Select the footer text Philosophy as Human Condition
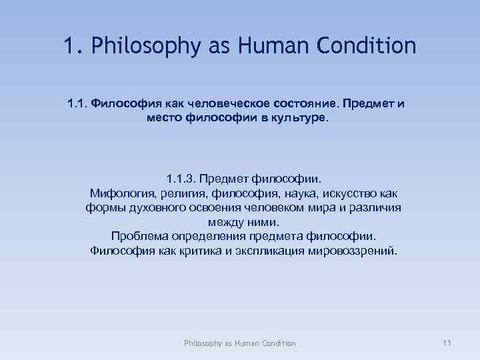point(240,343)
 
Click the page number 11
point(447,343)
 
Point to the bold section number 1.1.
point(77,104)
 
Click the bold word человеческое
point(228,104)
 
